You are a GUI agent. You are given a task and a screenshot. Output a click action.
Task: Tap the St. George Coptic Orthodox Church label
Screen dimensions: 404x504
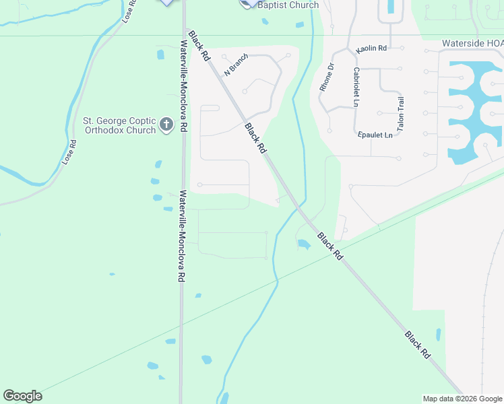pyautogui.click(x=119, y=125)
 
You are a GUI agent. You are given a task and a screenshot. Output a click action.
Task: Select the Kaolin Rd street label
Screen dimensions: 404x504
pyautogui.click(x=371, y=48)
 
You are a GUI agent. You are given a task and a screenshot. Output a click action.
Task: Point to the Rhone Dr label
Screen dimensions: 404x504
pyautogui.click(x=327, y=77)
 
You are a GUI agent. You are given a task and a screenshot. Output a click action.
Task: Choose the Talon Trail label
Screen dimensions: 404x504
pyautogui.click(x=400, y=113)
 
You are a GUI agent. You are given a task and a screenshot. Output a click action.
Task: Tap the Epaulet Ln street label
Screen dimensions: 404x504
pyautogui.click(x=375, y=135)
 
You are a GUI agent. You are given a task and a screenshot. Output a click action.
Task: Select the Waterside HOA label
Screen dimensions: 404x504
pyautogui.click(x=472, y=43)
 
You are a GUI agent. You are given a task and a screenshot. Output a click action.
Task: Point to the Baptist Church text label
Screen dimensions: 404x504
pyautogui.click(x=288, y=5)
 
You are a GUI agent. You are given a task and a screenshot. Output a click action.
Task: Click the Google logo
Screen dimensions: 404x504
pyautogui.click(x=22, y=396)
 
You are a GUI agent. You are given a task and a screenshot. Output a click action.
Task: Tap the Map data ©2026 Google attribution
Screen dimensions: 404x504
pyautogui.click(x=462, y=399)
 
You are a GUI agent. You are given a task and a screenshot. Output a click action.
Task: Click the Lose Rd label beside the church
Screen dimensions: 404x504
pyautogui.click(x=69, y=152)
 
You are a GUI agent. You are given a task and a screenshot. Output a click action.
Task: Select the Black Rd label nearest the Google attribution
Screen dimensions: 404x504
pyautogui.click(x=418, y=343)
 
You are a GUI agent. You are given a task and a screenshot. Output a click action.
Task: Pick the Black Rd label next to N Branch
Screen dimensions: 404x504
pyautogui.click(x=201, y=45)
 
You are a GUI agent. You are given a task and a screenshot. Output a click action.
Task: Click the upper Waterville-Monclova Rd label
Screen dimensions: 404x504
pyautogui.click(x=184, y=86)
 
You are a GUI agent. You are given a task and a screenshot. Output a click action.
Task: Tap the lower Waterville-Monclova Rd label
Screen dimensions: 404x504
pyautogui.click(x=182, y=236)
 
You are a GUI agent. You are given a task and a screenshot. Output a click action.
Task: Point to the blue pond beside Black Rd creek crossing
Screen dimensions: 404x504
pyautogui.click(x=304, y=244)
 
